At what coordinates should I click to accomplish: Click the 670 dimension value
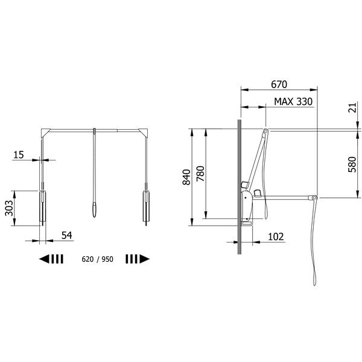(279, 84)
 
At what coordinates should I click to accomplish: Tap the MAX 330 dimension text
(293, 101)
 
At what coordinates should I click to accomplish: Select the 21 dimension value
(352, 108)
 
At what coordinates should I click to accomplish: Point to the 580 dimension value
(352, 164)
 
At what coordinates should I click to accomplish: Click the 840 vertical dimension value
(186, 177)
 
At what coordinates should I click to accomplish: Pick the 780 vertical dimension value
(200, 173)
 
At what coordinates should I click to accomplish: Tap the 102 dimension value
(276, 237)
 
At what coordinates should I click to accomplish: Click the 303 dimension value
(9, 208)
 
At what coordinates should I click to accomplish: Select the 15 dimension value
(19, 154)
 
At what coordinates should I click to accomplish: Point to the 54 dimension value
(67, 235)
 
